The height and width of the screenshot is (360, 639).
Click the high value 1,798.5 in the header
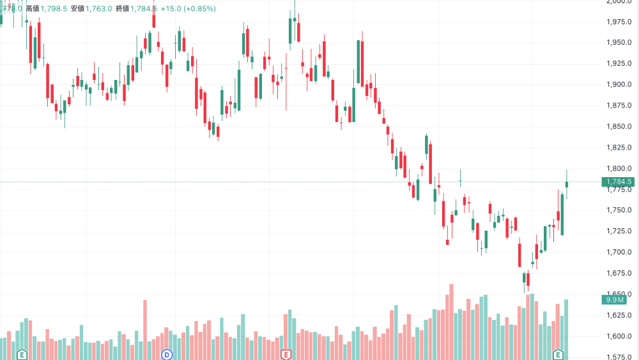point(54,8)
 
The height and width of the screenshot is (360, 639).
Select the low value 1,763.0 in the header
point(100,8)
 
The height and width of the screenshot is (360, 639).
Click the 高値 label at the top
point(32,8)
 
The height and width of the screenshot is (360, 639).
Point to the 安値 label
point(78,8)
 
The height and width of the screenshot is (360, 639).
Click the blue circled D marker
point(167,354)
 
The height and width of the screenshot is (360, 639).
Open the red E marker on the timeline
point(286,354)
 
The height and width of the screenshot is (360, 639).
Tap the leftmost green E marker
point(22,354)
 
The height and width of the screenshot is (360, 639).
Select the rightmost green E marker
point(558,354)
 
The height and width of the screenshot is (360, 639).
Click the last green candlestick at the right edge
point(567,184)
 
